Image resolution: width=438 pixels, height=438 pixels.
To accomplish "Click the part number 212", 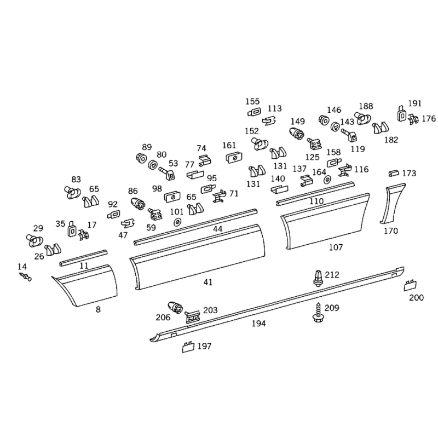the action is pyautogui.click(x=332, y=275).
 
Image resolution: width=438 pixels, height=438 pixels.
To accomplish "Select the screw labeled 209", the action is pyautogui.click(x=317, y=312).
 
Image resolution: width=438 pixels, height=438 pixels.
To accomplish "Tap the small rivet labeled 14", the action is pyautogui.click(x=26, y=277).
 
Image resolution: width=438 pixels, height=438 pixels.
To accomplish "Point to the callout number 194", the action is pyautogui.click(x=258, y=324).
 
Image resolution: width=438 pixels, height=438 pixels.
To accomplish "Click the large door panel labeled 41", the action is pyautogui.click(x=198, y=256).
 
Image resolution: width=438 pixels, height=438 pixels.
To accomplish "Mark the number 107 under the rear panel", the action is pyautogui.click(x=336, y=247).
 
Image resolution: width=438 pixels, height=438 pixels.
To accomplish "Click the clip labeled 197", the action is pyautogui.click(x=188, y=347).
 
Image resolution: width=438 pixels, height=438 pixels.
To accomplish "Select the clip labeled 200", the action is pyautogui.click(x=410, y=285).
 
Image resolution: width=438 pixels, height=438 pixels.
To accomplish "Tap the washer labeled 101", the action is pyautogui.click(x=177, y=222).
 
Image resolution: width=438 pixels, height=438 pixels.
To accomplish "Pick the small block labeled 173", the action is pyautogui.click(x=394, y=173).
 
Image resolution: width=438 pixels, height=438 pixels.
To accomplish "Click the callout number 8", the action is pyautogui.click(x=98, y=309).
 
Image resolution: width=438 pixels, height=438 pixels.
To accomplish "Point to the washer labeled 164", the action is pyautogui.click(x=327, y=180).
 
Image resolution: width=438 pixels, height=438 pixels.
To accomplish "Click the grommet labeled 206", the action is pyautogui.click(x=176, y=308).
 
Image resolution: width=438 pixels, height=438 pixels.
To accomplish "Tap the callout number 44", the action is pyautogui.click(x=217, y=229).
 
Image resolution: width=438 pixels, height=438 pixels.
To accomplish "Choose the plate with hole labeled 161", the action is pyautogui.click(x=234, y=158).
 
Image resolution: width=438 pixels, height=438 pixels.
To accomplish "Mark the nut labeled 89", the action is pyautogui.click(x=141, y=158).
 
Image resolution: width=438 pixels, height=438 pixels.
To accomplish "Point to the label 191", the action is pyautogui.click(x=414, y=103).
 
